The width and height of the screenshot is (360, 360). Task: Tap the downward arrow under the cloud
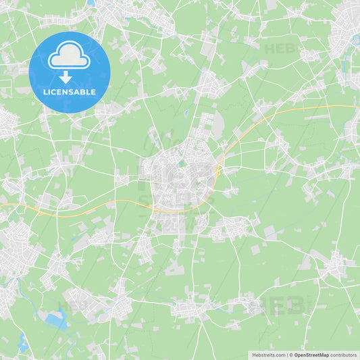pyautogui.click(x=66, y=77)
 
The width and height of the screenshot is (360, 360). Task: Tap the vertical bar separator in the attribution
pyautogui.click(x=286, y=354)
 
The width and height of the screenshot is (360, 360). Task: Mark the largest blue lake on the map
pyautogui.click(x=55, y=320)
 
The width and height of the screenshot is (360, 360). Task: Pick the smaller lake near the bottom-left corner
pyautogui.click(x=23, y=347)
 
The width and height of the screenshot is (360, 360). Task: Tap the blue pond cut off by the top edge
pyautogui.click(x=91, y=3)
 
